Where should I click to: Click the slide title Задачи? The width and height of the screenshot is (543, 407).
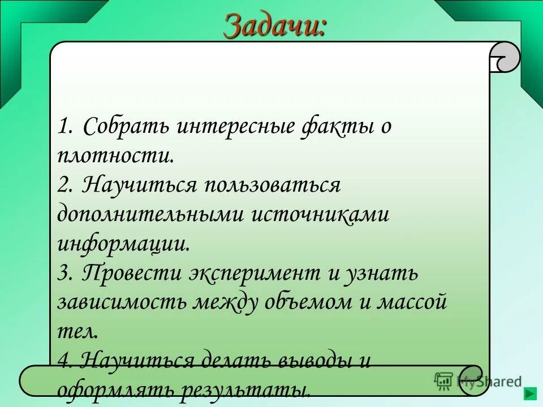pyautogui.click(x=275, y=25)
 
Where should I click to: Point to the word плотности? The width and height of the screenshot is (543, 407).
pyautogui.click(x=115, y=155)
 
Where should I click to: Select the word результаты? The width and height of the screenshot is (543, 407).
pyautogui.click(x=251, y=389)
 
